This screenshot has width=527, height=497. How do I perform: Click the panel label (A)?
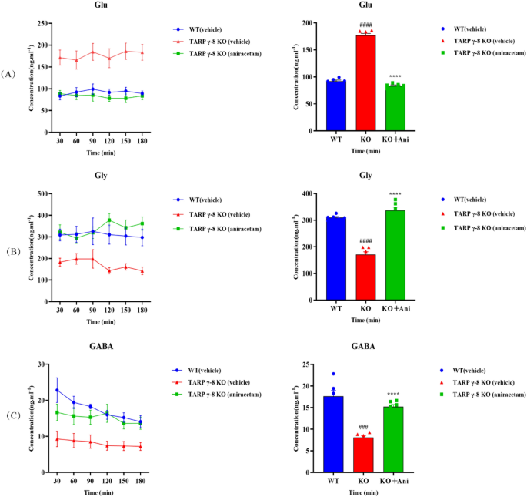8,74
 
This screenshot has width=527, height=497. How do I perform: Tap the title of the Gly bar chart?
365,176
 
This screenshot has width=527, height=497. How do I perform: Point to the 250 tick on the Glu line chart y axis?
41,23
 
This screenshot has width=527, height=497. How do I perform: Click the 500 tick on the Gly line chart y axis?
41,193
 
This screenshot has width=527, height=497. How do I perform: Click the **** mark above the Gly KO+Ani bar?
395,193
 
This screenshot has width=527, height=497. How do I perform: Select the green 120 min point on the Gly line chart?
108,220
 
